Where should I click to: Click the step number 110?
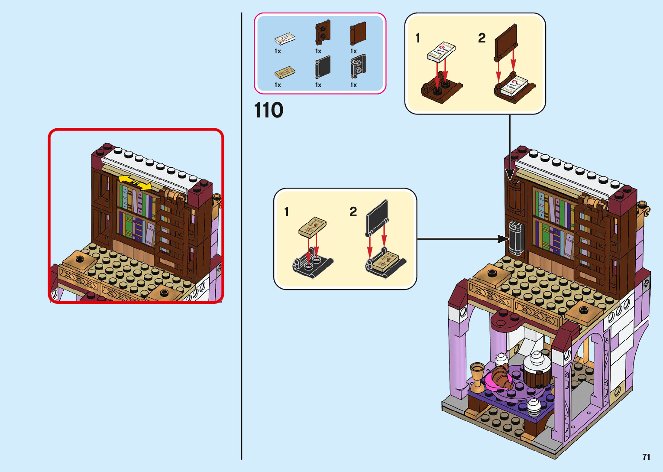(x=268, y=110)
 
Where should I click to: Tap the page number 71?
(x=646, y=457)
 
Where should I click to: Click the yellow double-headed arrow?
(x=135, y=182)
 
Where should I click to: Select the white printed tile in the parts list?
(x=285, y=39)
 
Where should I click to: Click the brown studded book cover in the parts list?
(x=322, y=33)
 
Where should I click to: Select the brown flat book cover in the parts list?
(x=358, y=33)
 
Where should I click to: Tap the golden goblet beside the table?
(x=477, y=375)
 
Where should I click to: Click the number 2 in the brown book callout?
(x=482, y=38)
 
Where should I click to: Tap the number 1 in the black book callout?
(x=287, y=212)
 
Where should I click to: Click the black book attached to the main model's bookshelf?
(x=516, y=238)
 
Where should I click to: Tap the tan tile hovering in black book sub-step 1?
(x=312, y=227)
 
